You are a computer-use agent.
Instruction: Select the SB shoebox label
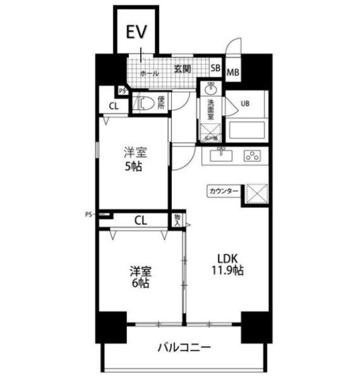215,68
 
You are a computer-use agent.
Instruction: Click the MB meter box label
232,72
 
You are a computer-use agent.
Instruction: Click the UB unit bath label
244,104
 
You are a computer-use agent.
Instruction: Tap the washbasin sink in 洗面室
211,88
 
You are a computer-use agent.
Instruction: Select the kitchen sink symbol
222,155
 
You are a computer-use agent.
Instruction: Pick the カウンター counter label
223,190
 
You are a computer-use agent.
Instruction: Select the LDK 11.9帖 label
227,264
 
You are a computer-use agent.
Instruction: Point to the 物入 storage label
177,220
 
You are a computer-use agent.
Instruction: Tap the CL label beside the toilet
113,106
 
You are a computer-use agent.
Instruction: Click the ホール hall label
149,74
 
